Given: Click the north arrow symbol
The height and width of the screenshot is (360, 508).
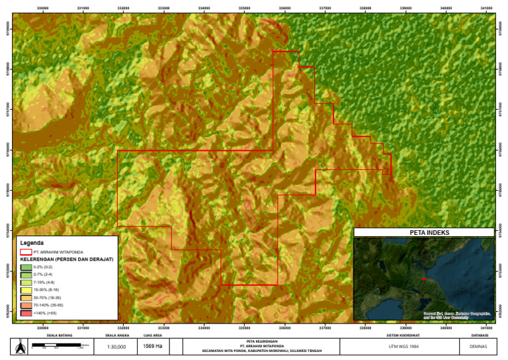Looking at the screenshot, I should (20, 346).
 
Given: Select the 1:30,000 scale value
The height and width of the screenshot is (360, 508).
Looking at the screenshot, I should (116, 347).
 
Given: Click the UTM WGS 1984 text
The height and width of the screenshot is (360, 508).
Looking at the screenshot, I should (399, 346).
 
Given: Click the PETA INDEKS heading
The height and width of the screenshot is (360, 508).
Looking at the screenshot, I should (424, 232).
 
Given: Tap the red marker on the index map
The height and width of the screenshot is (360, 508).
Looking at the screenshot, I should (423, 279).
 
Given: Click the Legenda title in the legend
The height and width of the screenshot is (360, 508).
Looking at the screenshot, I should (32, 243).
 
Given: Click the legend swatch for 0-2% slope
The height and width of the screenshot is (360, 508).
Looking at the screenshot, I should (26, 267).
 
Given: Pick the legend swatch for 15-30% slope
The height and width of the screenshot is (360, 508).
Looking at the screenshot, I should (26, 289).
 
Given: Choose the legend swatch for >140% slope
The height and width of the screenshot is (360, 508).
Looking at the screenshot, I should (26, 312).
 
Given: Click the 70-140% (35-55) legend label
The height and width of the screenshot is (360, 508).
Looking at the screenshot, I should (50, 304).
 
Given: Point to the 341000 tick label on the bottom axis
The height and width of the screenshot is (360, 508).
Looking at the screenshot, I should (487, 326).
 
